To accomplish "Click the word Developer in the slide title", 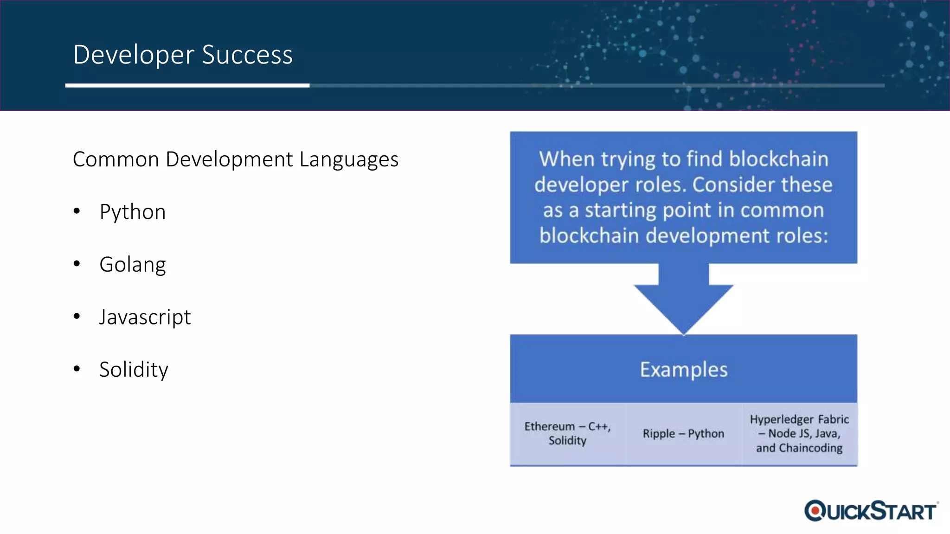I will pos(134,55).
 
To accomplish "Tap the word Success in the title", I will pos(247,55).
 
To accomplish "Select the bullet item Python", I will pos(133,212).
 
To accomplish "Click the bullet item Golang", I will pos(133,265).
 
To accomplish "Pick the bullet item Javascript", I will pos(145,317).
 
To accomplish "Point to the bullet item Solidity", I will pos(134,369).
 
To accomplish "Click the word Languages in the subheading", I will pos(349,160).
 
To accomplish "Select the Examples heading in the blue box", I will pos(684,369).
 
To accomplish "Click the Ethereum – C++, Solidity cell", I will pos(567,433).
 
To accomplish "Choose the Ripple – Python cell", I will pos(683,433).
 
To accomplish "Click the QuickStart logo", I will pos(871,511).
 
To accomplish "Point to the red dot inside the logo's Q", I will pos(815,511).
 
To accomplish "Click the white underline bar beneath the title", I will pos(187,85).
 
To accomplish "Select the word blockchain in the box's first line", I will pos(778,159).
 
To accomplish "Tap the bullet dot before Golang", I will pos(77,264).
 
